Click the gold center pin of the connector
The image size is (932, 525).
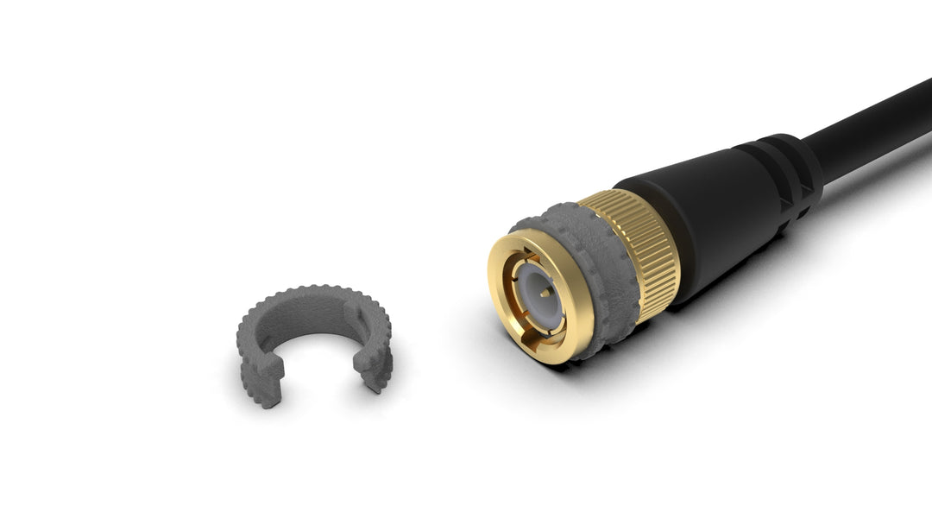pyautogui.click(x=541, y=293)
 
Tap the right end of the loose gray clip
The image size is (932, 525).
pyautogui.click(x=375, y=367)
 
